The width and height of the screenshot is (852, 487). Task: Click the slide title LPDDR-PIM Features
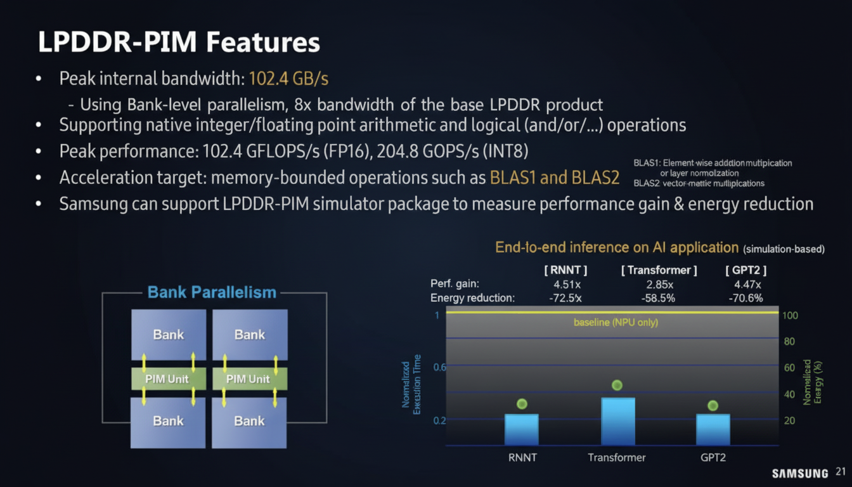click(179, 42)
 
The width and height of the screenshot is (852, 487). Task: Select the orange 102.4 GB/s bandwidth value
click(288, 79)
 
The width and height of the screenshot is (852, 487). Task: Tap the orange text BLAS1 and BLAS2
click(554, 178)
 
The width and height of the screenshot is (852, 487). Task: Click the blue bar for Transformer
click(617, 422)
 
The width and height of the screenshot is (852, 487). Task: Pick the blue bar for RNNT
click(521, 429)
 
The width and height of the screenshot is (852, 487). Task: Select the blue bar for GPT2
click(713, 429)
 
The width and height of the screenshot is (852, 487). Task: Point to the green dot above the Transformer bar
click(617, 385)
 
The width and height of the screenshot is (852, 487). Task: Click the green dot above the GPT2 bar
click(713, 405)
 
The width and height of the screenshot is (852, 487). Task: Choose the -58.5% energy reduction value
click(659, 298)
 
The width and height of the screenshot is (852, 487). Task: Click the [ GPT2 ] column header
click(745, 271)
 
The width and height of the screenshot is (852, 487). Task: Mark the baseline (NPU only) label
click(616, 323)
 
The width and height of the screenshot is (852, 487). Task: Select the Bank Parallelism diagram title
click(212, 292)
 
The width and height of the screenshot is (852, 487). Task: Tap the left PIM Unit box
click(168, 379)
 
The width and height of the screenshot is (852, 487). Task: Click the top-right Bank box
click(250, 335)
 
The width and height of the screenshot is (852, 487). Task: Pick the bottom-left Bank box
click(168, 421)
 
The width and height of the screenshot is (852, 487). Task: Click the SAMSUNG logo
click(799, 474)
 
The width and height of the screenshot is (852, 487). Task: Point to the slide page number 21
click(841, 472)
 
